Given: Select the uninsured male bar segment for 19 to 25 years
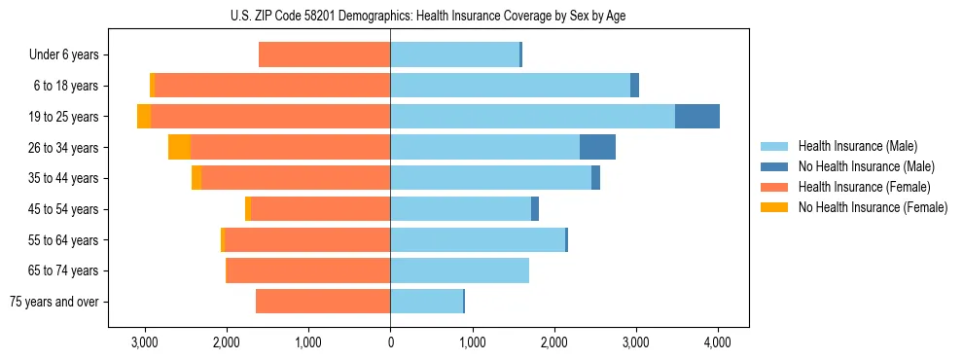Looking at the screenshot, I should coord(697,117).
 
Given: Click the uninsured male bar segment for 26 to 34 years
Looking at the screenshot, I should coord(597,148).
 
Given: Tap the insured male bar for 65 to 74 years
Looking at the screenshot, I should coord(459,270).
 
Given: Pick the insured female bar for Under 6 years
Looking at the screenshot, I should coord(324,55).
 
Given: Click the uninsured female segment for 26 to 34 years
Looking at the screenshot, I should coord(179,148).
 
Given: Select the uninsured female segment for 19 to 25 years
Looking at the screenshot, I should coord(144,117).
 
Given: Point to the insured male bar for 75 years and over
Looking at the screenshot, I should coord(426,302).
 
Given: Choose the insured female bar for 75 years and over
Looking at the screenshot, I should coord(323,302).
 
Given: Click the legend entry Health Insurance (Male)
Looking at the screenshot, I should coord(857,146).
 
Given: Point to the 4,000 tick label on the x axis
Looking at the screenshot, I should coord(718,342).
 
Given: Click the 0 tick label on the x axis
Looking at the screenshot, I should coord(390,342).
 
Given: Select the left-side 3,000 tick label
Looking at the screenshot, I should coord(145,342).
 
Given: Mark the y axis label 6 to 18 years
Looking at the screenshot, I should coord(66,86).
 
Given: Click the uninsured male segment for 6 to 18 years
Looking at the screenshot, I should coord(634,86).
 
